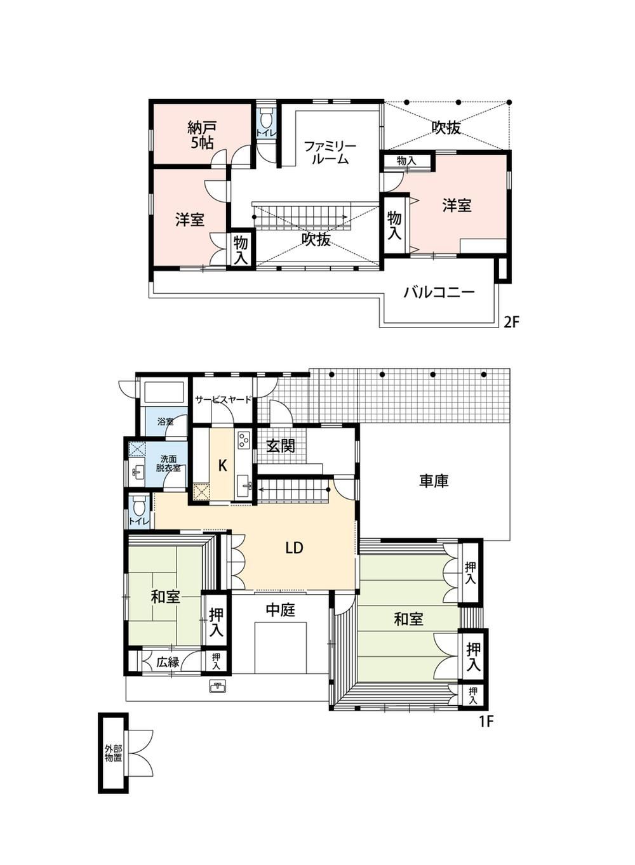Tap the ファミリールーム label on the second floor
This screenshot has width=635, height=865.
coord(330,152)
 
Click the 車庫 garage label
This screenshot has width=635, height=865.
coord(434,481)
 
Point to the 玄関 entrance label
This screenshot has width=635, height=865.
coord(281,446)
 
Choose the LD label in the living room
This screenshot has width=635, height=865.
coord(294,548)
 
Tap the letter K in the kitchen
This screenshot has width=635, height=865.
coord(222,466)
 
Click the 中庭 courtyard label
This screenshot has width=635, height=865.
coord(281,610)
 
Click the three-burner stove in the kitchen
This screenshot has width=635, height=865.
coord(244,440)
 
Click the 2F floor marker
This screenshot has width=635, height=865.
coord(510,322)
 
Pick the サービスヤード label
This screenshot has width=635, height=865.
coord(223,400)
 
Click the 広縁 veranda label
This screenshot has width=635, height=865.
coord(168,663)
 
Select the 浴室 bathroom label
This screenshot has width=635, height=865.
coord(165,421)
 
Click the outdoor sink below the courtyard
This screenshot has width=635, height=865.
coord(218,687)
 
